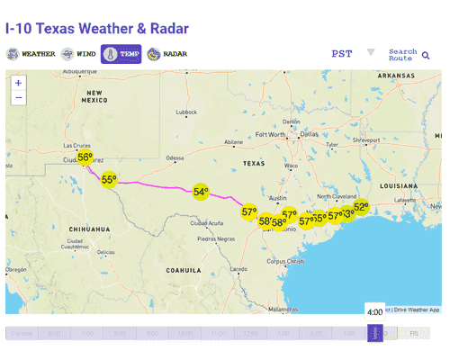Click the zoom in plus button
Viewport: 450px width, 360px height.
(19, 82)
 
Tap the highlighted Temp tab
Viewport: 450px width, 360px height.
(121, 54)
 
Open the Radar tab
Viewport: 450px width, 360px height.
(167, 54)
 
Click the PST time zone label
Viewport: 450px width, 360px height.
(342, 54)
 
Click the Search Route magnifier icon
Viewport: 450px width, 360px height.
(426, 56)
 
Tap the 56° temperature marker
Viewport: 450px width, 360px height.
(85, 158)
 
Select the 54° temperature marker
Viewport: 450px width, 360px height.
(201, 192)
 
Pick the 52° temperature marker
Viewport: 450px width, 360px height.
(361, 207)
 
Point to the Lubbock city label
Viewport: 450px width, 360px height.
(186, 112)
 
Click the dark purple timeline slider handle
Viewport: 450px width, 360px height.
(375, 333)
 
